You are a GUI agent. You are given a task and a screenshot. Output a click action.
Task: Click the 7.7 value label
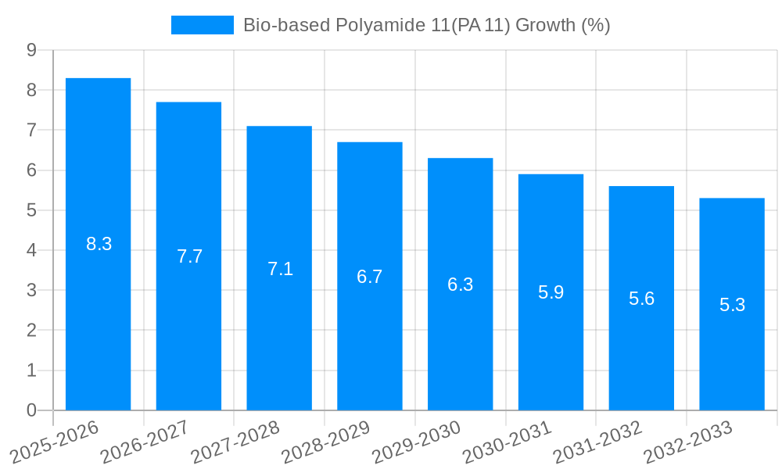click(189, 256)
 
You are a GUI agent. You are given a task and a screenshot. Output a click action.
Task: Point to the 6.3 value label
click(460, 285)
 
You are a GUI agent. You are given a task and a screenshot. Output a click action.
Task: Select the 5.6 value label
click(641, 299)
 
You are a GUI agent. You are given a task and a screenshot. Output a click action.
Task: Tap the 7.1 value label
click(280, 269)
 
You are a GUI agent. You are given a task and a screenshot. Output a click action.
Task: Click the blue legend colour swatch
click(202, 25)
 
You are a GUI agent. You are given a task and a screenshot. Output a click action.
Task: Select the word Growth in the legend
click(545, 25)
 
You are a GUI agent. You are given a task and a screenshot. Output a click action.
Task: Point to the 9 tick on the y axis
click(31, 50)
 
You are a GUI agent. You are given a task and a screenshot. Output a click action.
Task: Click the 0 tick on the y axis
click(31, 410)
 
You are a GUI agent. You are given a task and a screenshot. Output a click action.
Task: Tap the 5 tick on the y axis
click(31, 210)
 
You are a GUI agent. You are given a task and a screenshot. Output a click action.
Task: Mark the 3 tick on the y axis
click(31, 290)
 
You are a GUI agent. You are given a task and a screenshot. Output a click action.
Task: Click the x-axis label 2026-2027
click(145, 442)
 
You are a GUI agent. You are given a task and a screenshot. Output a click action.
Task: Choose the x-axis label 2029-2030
click(417, 442)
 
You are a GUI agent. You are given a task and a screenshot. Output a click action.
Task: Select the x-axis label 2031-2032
click(598, 442)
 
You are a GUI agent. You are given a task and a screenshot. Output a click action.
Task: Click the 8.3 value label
click(99, 244)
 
